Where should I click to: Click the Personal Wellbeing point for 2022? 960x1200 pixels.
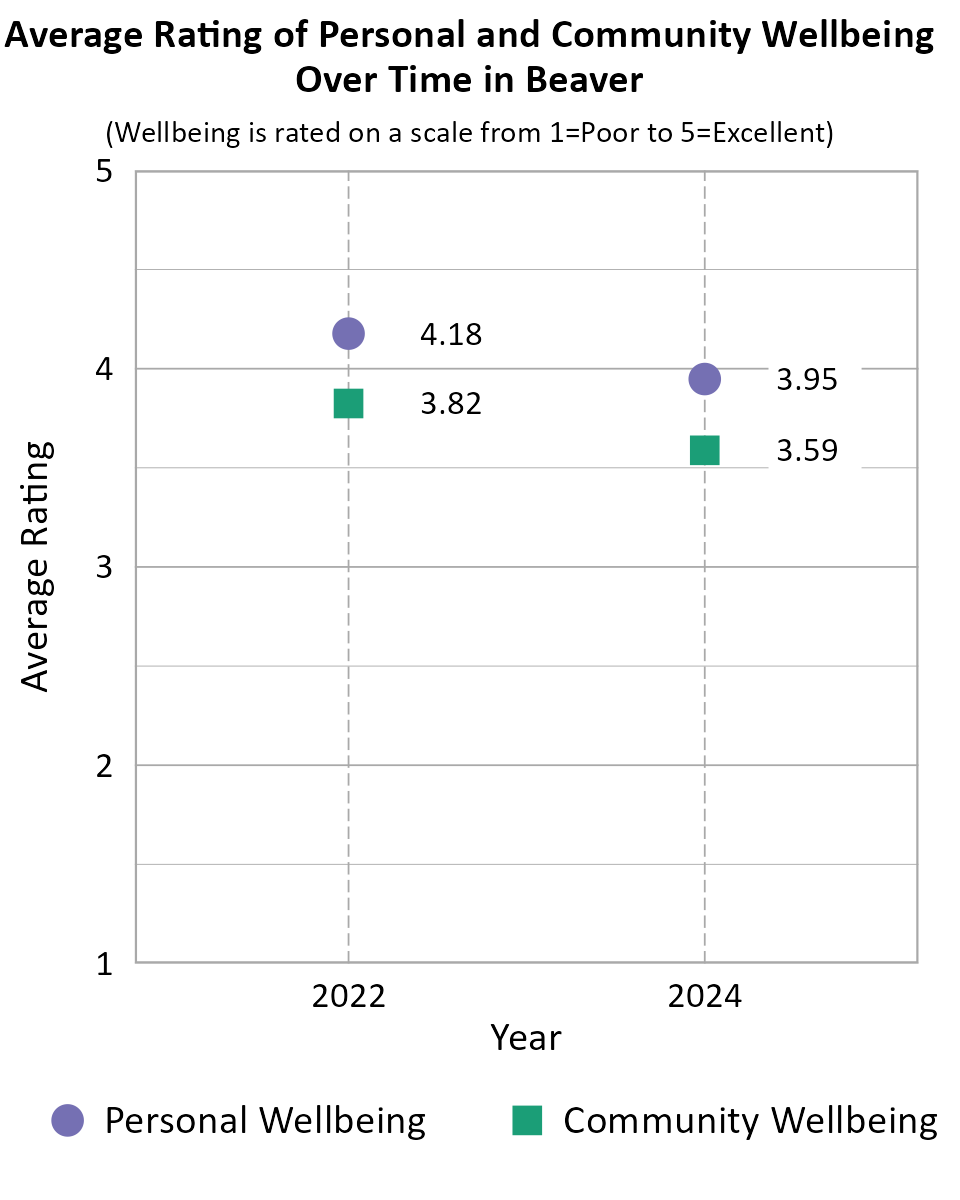(348, 333)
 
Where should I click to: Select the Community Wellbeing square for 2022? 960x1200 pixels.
(348, 404)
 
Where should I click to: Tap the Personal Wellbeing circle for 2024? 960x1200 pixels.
(705, 379)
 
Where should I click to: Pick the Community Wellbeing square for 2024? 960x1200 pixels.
(705, 451)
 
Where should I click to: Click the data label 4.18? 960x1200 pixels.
(451, 334)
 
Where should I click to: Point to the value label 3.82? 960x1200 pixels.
(451, 404)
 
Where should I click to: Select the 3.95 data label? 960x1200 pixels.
(807, 380)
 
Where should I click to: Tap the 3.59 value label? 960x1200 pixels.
(807, 452)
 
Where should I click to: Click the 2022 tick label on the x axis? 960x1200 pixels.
(348, 997)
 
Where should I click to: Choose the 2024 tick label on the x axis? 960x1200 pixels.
(705, 997)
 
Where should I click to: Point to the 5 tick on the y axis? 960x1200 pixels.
(103, 172)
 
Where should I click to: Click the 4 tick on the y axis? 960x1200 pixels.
(103, 370)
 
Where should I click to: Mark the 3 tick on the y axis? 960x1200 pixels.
(103, 568)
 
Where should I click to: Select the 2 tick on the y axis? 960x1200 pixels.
(103, 766)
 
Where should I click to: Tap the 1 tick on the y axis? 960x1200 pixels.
(103, 964)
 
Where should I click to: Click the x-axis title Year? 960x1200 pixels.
(526, 1038)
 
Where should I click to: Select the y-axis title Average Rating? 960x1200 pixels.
(36, 566)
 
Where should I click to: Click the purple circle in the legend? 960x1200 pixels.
(68, 1120)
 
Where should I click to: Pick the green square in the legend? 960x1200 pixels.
(527, 1120)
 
